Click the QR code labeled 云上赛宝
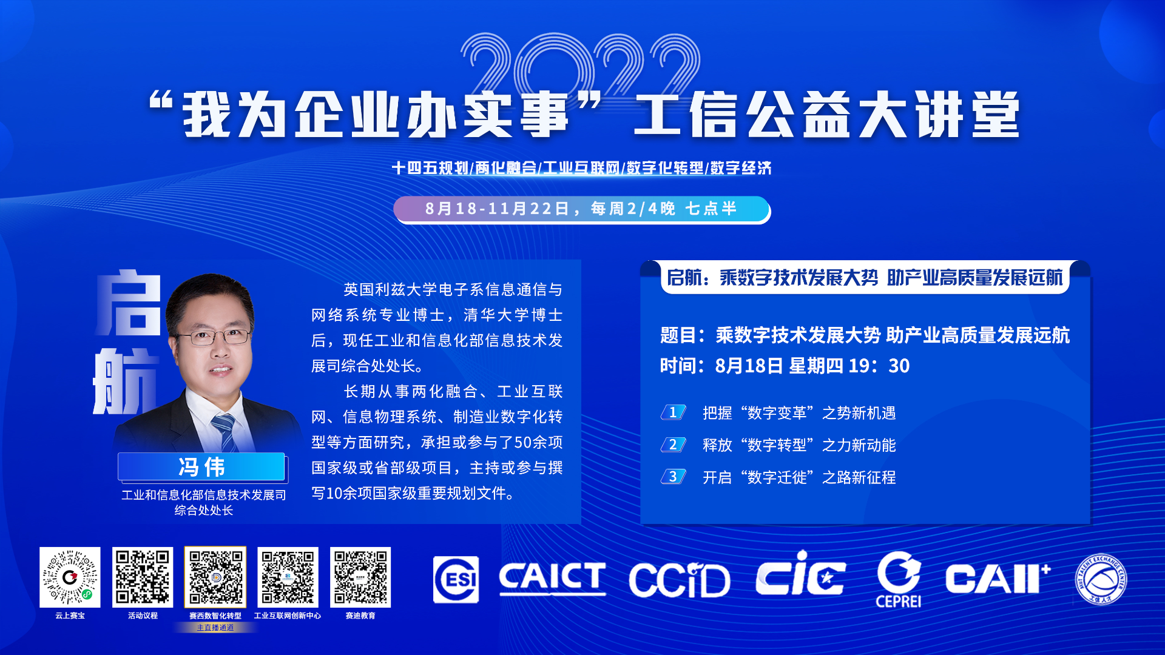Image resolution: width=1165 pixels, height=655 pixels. click(x=70, y=577)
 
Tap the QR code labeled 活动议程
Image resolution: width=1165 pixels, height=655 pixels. click(x=143, y=577)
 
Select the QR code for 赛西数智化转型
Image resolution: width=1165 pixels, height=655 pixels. click(x=215, y=577)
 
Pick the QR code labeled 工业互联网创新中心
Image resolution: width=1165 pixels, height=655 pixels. click(x=288, y=577)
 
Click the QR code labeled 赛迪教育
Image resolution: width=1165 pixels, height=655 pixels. click(x=360, y=577)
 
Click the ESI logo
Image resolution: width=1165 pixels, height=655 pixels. click(x=456, y=580)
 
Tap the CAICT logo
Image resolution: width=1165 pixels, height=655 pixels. click(x=552, y=578)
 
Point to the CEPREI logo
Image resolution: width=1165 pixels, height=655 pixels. click(x=899, y=580)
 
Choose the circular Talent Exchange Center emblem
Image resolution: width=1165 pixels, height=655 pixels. click(x=1101, y=580)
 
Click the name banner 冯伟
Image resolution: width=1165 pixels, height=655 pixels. click(x=201, y=467)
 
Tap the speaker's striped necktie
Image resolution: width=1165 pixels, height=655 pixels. click(x=225, y=433)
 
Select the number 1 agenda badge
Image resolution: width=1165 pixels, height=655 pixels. click(x=673, y=412)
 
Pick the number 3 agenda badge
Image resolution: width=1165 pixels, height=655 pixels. click(x=673, y=477)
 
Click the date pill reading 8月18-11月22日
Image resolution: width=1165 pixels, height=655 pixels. click(x=581, y=209)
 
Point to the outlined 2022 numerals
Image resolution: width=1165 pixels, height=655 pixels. click(x=581, y=65)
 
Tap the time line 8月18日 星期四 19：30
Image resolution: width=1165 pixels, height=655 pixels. click(x=785, y=366)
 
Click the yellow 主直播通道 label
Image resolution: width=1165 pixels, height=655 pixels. click(x=215, y=628)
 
